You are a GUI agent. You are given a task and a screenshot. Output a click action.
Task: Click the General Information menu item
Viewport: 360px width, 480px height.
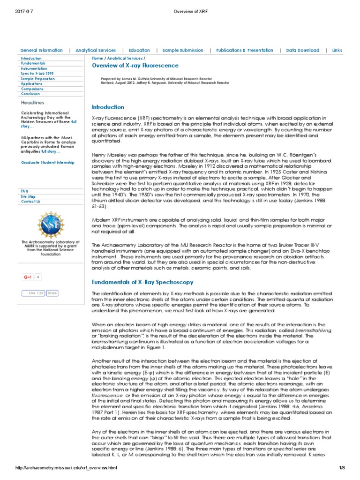click(x=41, y=50)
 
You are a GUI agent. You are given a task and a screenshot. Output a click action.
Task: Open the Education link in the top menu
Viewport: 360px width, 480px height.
click(x=139, y=50)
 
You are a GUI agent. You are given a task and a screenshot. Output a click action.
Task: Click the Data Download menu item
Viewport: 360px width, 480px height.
click(x=302, y=50)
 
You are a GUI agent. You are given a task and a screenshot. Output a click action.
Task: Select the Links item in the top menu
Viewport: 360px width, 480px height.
click(x=337, y=50)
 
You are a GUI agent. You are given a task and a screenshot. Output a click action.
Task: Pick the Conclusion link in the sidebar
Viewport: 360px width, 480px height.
click(x=30, y=94)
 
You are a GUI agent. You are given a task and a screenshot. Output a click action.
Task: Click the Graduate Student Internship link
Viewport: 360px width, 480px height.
click(x=47, y=162)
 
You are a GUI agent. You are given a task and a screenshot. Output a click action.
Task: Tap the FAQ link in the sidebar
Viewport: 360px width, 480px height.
click(x=25, y=191)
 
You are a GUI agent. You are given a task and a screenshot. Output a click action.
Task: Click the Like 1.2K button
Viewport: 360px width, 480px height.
click(x=33, y=293)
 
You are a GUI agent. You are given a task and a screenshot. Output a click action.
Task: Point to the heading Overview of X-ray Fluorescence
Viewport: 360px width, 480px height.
click(x=135, y=65)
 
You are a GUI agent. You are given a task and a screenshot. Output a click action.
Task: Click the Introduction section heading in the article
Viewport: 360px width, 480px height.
click(x=108, y=107)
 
